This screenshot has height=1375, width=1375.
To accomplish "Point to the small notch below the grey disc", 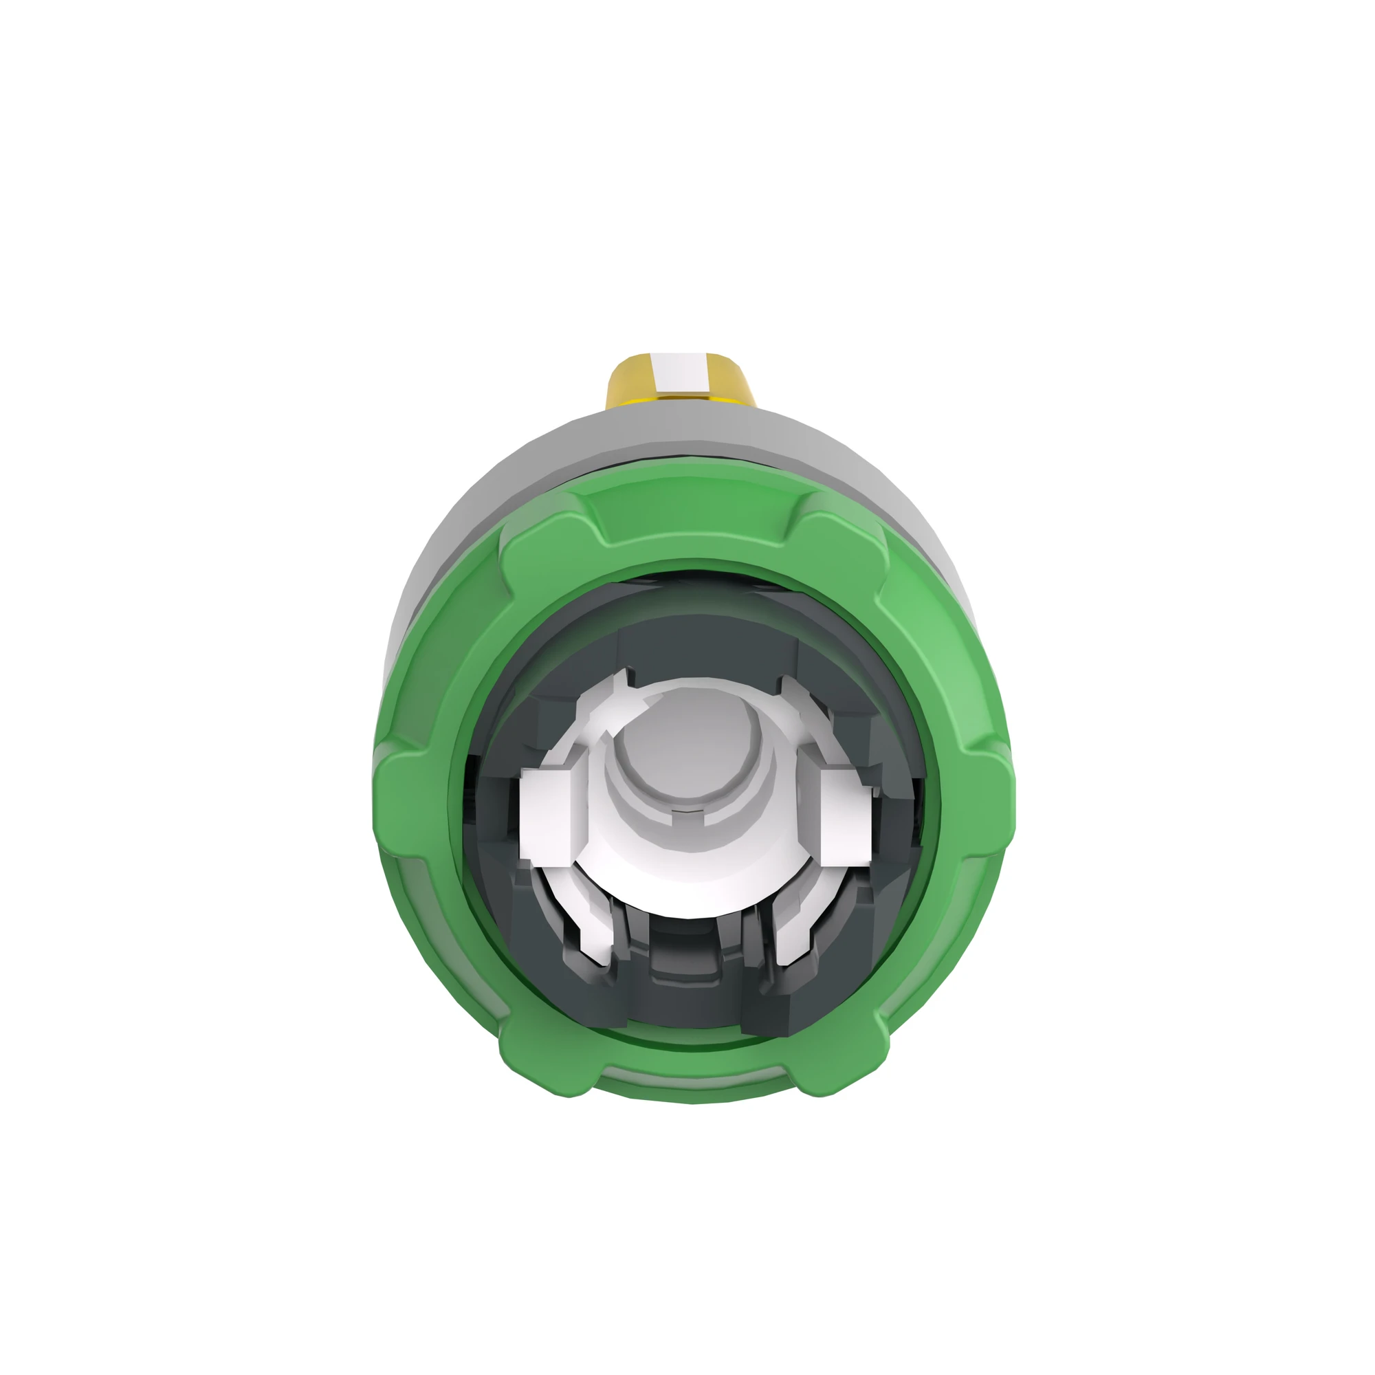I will click(x=687, y=812).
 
